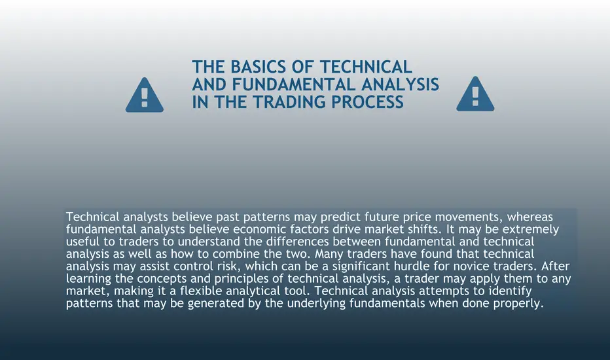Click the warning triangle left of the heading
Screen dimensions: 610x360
(145, 95)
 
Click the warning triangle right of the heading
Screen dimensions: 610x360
(475, 94)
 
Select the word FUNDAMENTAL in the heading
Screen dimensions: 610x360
(294, 84)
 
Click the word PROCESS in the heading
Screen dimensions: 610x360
(368, 102)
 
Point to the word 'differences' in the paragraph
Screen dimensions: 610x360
(298, 242)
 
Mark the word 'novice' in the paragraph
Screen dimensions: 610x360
(472, 266)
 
